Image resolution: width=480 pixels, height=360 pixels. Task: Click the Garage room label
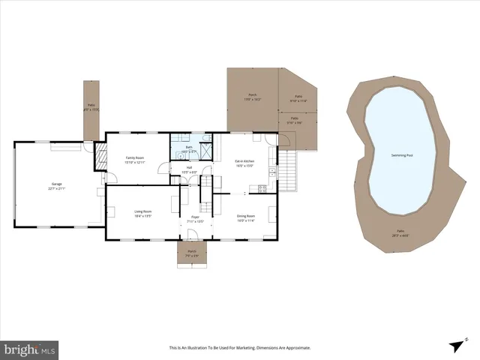[56, 184]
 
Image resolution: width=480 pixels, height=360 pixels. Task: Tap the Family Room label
[134, 157]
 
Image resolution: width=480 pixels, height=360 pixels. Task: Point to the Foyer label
[194, 217]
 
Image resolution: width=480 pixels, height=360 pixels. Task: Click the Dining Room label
[246, 216]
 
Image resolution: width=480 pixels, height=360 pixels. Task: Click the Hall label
[189, 168]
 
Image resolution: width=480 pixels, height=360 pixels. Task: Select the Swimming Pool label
[402, 155]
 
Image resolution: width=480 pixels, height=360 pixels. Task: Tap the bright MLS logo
[30, 349]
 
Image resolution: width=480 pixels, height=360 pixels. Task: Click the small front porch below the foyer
[192, 253]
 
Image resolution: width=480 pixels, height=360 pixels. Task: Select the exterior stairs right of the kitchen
[288, 169]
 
